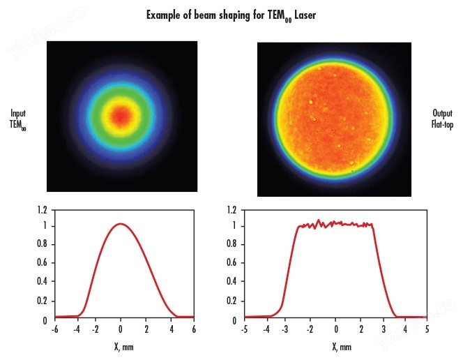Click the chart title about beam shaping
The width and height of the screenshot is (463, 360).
point(231,15)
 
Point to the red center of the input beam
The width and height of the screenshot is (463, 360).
point(122,115)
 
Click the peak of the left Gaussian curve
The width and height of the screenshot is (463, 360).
point(121,224)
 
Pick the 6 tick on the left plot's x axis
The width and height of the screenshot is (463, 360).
point(194,329)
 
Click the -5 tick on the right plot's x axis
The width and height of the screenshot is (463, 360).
point(244,329)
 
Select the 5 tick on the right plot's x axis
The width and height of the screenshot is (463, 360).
point(427,329)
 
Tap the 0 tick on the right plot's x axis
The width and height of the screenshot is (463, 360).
point(336,329)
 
